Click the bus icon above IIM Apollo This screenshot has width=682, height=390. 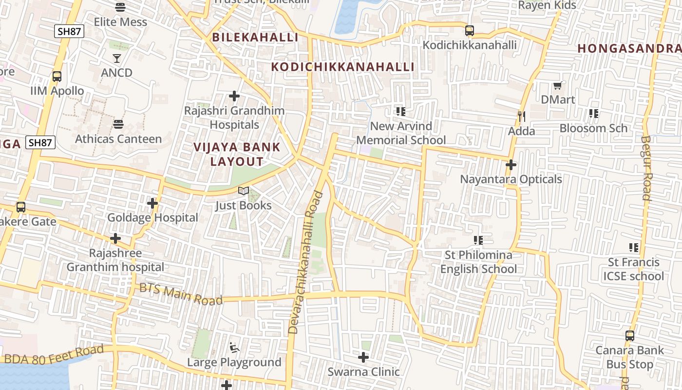pyautogui.click(x=57, y=77)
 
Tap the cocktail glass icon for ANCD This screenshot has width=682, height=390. pyautogui.click(x=117, y=58)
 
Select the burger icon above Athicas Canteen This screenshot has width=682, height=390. pyautogui.click(x=118, y=124)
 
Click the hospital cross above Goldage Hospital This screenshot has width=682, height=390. pyautogui.click(x=152, y=203)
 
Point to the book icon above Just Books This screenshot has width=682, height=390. pyautogui.click(x=244, y=191)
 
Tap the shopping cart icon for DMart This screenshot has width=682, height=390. pyautogui.click(x=558, y=86)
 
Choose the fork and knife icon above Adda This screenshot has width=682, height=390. pyautogui.click(x=521, y=117)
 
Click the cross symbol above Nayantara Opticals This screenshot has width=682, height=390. pyautogui.click(x=511, y=165)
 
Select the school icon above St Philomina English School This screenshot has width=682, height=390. pyautogui.click(x=478, y=240)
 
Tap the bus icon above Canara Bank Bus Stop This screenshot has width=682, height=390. pyautogui.click(x=630, y=336)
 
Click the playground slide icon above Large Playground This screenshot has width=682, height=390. pyautogui.click(x=234, y=348)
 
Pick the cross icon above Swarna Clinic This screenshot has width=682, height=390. pyautogui.click(x=363, y=357)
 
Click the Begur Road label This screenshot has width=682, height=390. pyautogui.click(x=646, y=168)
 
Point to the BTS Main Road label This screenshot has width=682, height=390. pyautogui.click(x=181, y=293)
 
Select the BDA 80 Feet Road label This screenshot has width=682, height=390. pyautogui.click(x=54, y=354)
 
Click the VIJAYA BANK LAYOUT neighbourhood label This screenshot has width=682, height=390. pyautogui.click(x=237, y=154)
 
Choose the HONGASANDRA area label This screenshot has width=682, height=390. pyautogui.click(x=629, y=48)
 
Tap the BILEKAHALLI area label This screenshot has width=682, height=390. pyautogui.click(x=255, y=37)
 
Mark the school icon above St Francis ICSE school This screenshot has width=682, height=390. pyautogui.click(x=634, y=248)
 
